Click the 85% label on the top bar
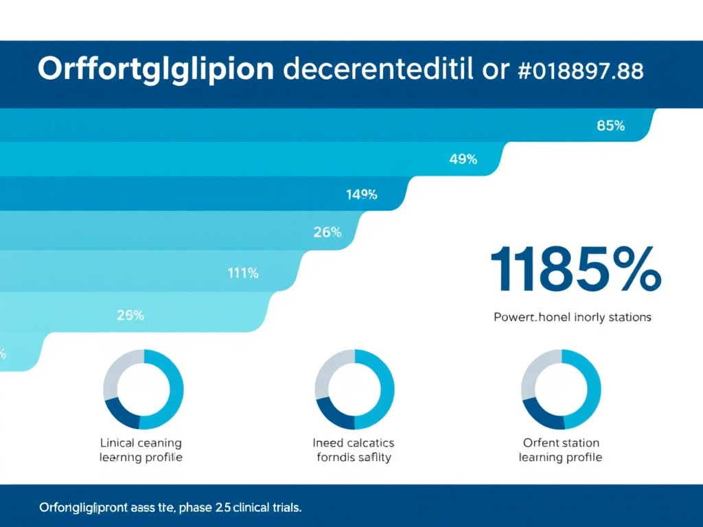coord(610,126)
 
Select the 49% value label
coord(463,160)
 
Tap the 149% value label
coord(362,194)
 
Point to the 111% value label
coord(242,273)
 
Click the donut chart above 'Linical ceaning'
coord(143,390)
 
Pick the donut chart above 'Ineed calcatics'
coord(354,390)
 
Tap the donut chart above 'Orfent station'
coord(561,390)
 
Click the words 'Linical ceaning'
coord(141,443)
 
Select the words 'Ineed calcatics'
coord(354,443)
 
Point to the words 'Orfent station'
coord(560,443)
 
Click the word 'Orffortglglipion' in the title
coord(157,71)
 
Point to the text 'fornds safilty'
coord(354,458)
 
